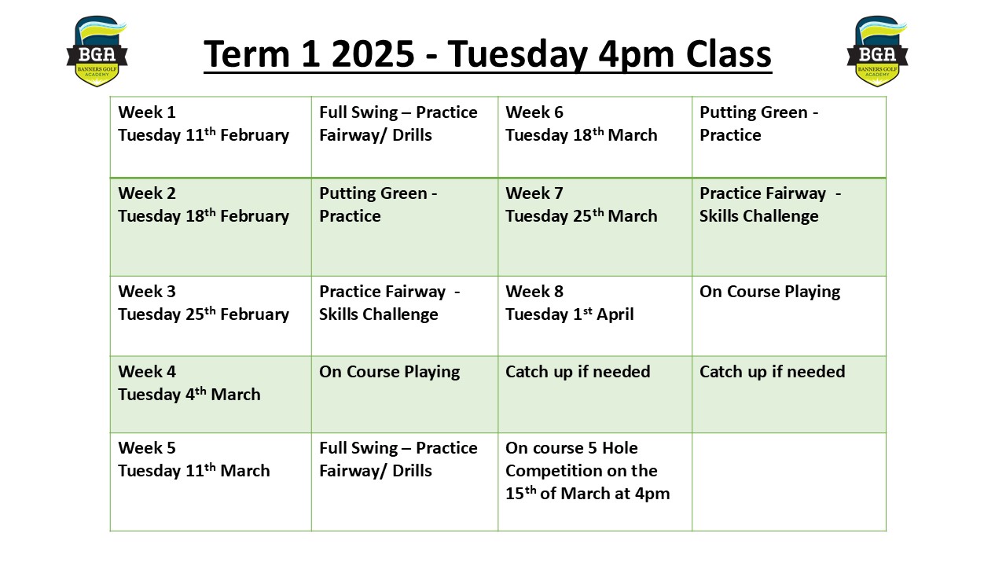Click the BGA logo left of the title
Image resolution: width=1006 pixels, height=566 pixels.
point(97,51)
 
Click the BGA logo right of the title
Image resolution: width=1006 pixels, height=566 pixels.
point(877,51)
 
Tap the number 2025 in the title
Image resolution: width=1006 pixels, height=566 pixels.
point(373,54)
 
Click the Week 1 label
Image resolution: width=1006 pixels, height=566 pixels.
point(147,112)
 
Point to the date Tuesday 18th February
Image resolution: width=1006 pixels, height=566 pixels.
point(204,215)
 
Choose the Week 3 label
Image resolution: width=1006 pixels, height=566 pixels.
point(147,291)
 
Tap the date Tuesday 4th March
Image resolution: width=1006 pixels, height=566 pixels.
point(189,394)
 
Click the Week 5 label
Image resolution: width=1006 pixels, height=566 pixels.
point(147,447)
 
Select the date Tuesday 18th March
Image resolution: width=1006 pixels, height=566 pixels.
point(581,134)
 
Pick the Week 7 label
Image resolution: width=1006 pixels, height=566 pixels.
point(534,193)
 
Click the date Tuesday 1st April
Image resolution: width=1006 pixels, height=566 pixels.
point(570,314)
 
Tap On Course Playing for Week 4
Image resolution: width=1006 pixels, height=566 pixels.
point(389,372)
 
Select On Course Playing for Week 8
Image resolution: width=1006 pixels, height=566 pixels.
point(769,292)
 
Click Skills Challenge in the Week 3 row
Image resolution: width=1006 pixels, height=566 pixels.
point(379,314)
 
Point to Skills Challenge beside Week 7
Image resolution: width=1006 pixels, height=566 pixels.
point(759,215)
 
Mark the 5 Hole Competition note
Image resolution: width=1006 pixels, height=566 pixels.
point(587,470)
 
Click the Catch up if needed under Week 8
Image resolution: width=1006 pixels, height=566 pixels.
point(578,372)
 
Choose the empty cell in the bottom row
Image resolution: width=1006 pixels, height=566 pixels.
point(789,482)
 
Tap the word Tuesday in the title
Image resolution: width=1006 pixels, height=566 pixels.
point(518,55)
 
